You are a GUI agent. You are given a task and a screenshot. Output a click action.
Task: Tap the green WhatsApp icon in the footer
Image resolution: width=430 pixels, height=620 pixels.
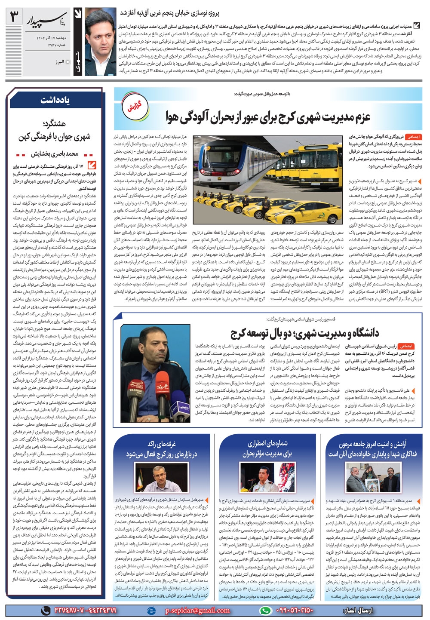click(266, 610)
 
